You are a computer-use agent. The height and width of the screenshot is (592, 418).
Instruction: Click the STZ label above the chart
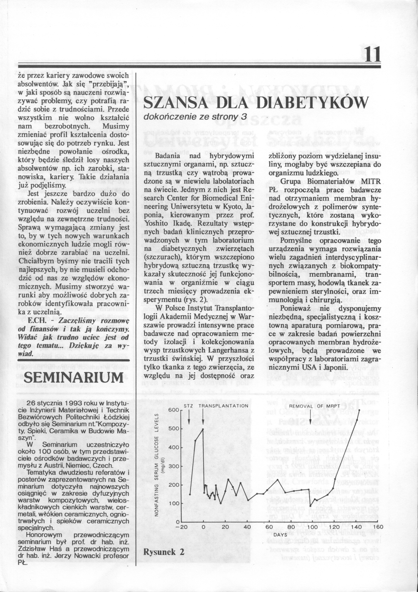pyautogui.click(x=189, y=406)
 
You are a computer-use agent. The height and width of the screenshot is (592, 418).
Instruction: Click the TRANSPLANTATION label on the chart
pyautogui.click(x=223, y=406)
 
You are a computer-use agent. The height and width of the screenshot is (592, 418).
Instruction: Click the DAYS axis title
pyautogui.click(x=280, y=527)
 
